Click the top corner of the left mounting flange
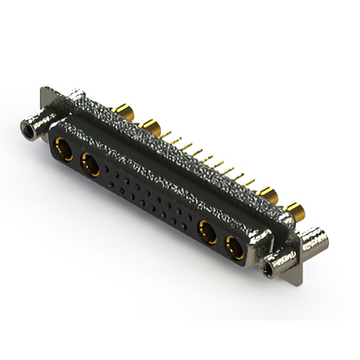[45, 89]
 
